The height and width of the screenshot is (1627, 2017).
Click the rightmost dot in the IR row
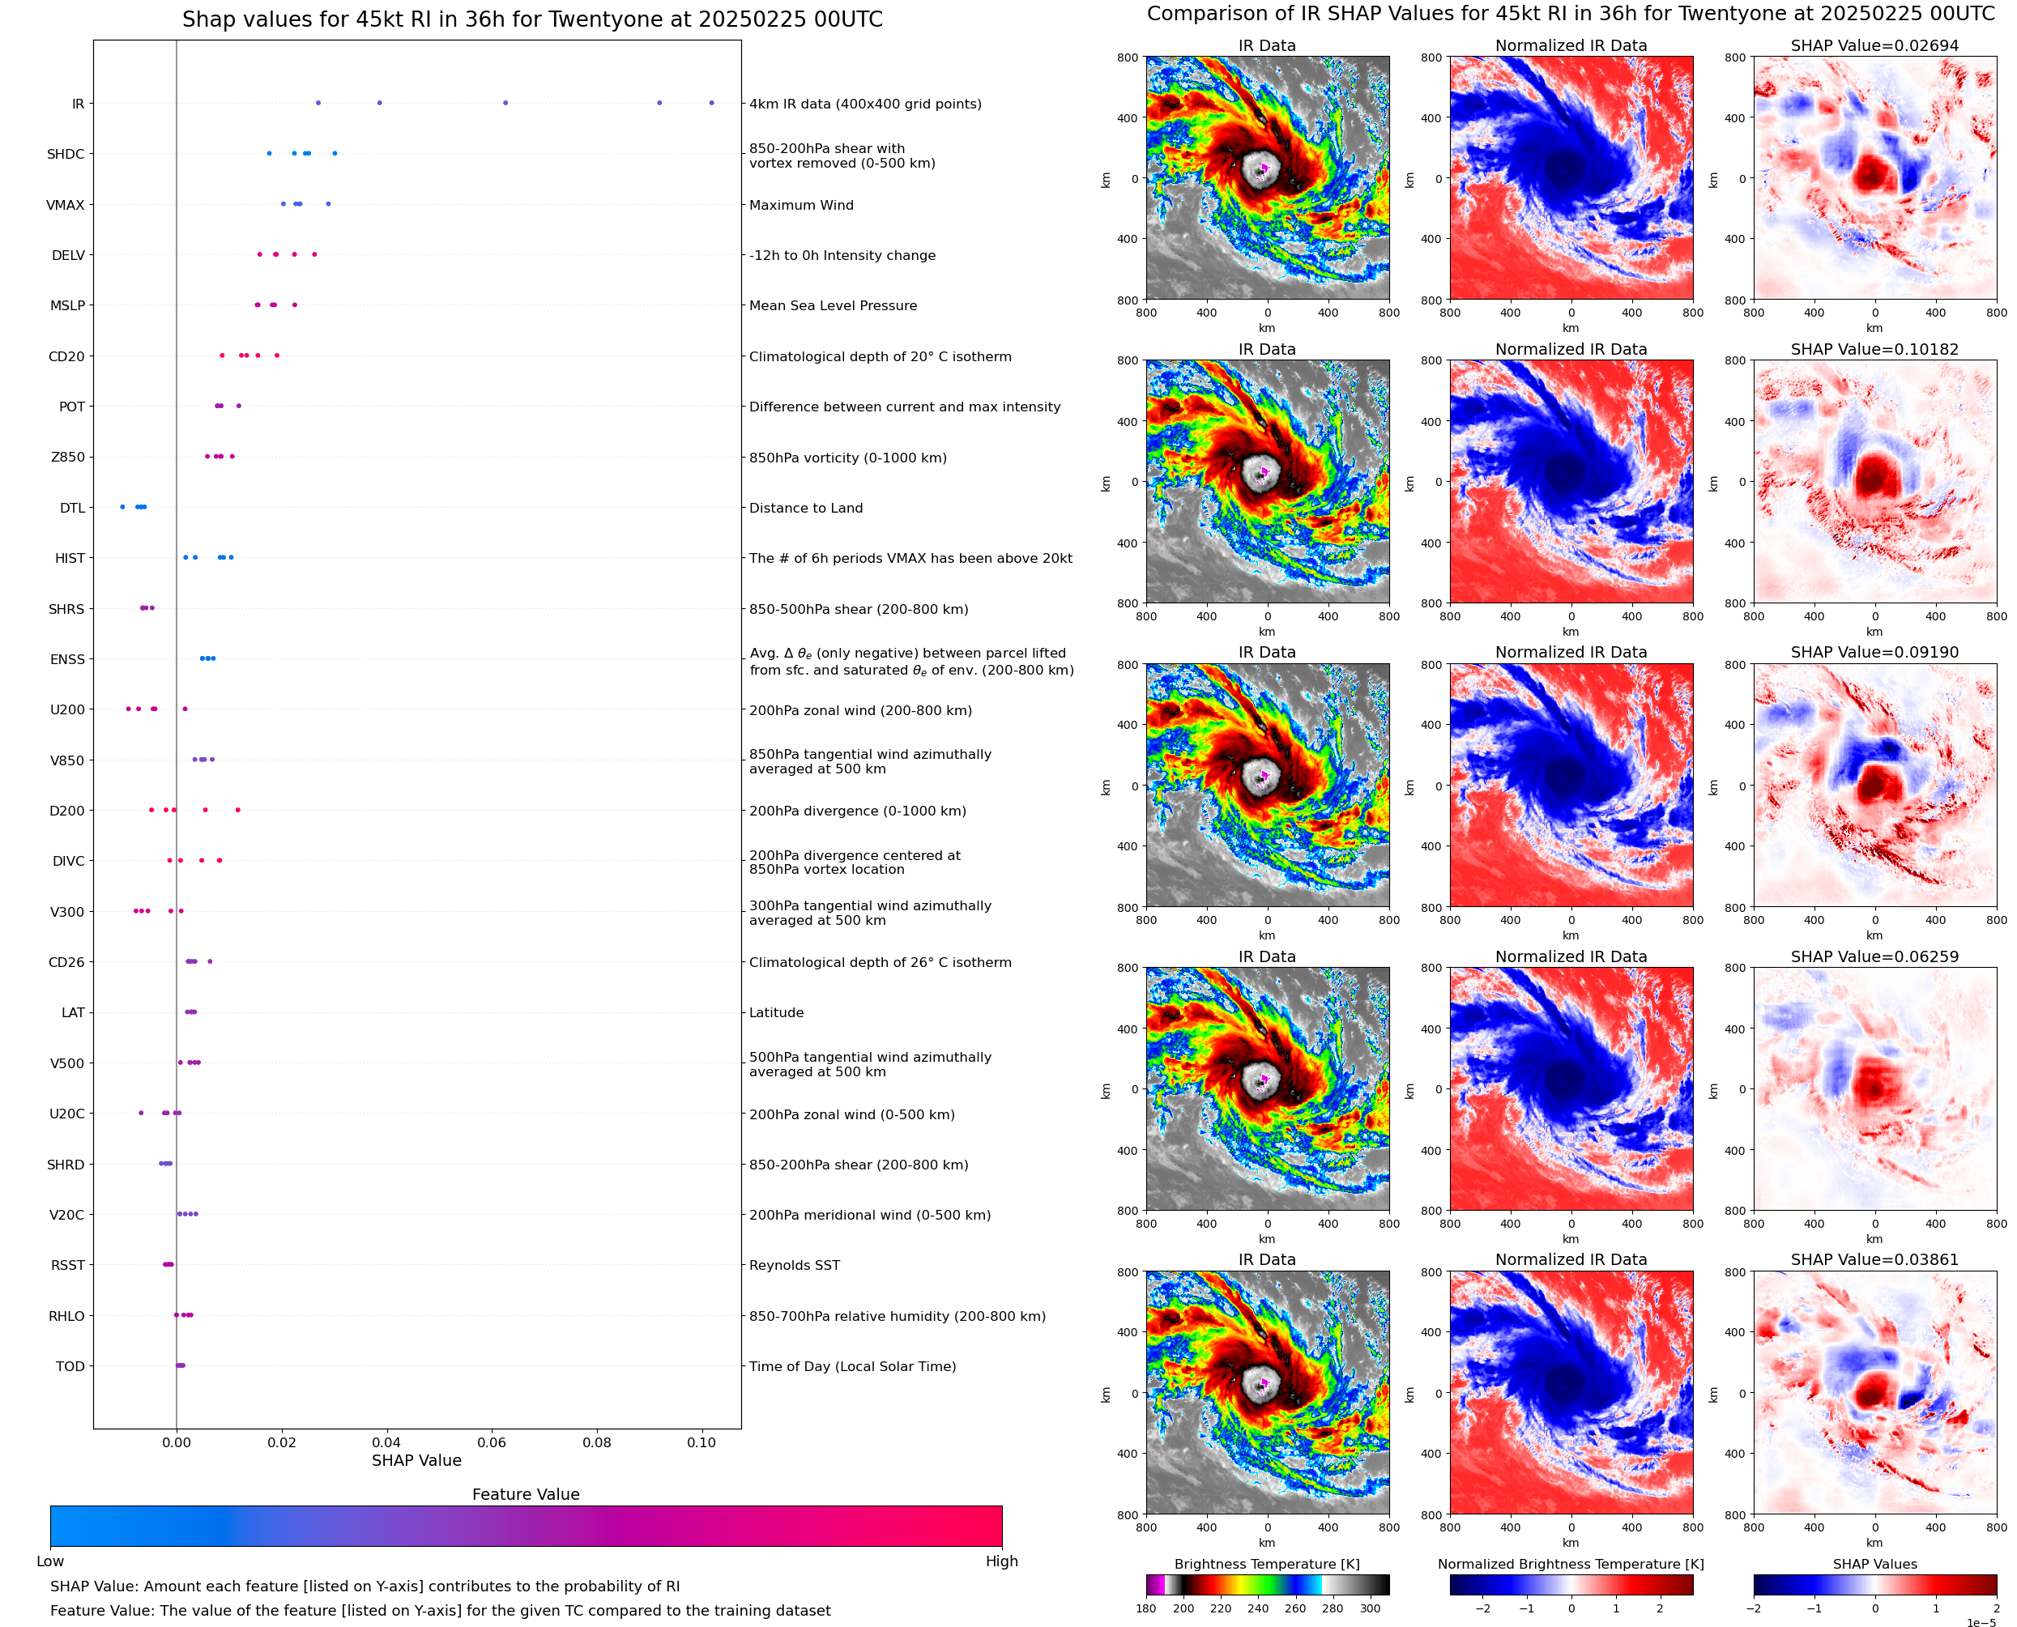click(x=711, y=103)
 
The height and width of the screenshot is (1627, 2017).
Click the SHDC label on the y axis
click(x=66, y=155)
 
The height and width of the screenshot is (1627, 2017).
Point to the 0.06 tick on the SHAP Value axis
click(x=491, y=1442)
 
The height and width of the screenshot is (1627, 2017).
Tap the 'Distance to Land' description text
click(x=806, y=508)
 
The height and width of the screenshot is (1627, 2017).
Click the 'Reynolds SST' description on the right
click(x=794, y=1265)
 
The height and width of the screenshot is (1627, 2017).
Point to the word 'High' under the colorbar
click(x=1001, y=1561)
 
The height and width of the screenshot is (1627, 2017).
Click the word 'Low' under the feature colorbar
click(x=50, y=1561)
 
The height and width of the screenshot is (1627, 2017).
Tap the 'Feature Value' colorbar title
click(x=526, y=1495)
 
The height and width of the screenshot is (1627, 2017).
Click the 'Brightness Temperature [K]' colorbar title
click(x=1266, y=1564)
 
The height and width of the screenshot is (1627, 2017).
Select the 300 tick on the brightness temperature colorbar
click(x=1371, y=1608)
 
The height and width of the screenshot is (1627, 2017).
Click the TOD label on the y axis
click(x=70, y=1366)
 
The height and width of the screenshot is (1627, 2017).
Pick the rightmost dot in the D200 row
click(x=237, y=810)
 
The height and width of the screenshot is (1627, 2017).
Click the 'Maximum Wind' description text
click(x=801, y=205)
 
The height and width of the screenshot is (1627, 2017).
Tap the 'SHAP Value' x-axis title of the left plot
click(x=416, y=1460)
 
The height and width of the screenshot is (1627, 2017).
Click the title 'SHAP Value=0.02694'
click(x=1874, y=46)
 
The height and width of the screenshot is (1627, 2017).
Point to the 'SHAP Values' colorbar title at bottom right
click(x=1874, y=1564)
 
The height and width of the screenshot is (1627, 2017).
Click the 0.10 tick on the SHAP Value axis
click(x=701, y=1442)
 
